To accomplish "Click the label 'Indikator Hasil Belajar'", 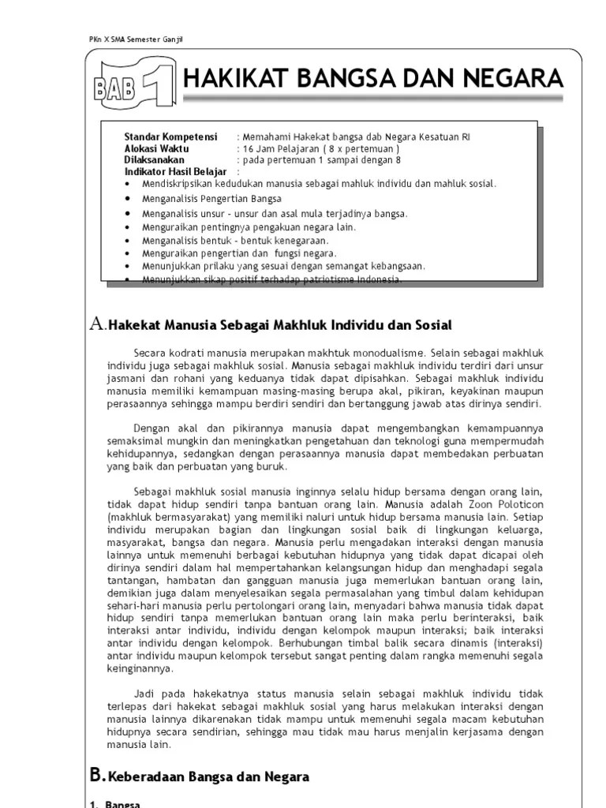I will click(x=175, y=171).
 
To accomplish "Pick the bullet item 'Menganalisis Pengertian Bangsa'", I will click(x=211, y=199).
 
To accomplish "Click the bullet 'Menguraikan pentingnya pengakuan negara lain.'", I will click(x=249, y=226).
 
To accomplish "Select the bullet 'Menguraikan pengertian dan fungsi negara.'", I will click(x=239, y=253).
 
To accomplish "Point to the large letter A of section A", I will click(x=97, y=323).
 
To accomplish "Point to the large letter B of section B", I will click(x=96, y=776).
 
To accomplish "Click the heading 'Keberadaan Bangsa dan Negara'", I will click(x=208, y=777).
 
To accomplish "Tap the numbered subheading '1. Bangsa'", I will click(x=115, y=803).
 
